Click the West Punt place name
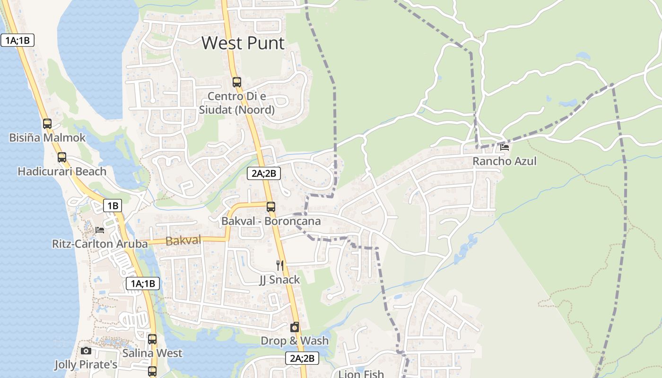coord(243,43)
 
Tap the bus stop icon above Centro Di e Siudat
coord(237,82)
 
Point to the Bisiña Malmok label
coord(47,137)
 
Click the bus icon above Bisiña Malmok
coord(47,124)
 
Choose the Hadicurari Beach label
coord(62,171)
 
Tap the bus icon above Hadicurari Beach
coord(62,157)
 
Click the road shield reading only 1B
coord(113,206)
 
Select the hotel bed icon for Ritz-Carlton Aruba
coord(100,230)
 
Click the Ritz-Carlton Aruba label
coord(100,244)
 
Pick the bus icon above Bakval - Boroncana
coord(271,207)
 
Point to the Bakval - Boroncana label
coord(271,221)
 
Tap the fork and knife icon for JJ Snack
coord(280,266)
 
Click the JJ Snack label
coord(280,280)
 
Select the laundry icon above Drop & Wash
coord(295,327)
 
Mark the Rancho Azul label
coord(505,161)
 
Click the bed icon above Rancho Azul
coord(505,147)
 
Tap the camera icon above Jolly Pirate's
coord(86,351)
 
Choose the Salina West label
coord(152,353)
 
